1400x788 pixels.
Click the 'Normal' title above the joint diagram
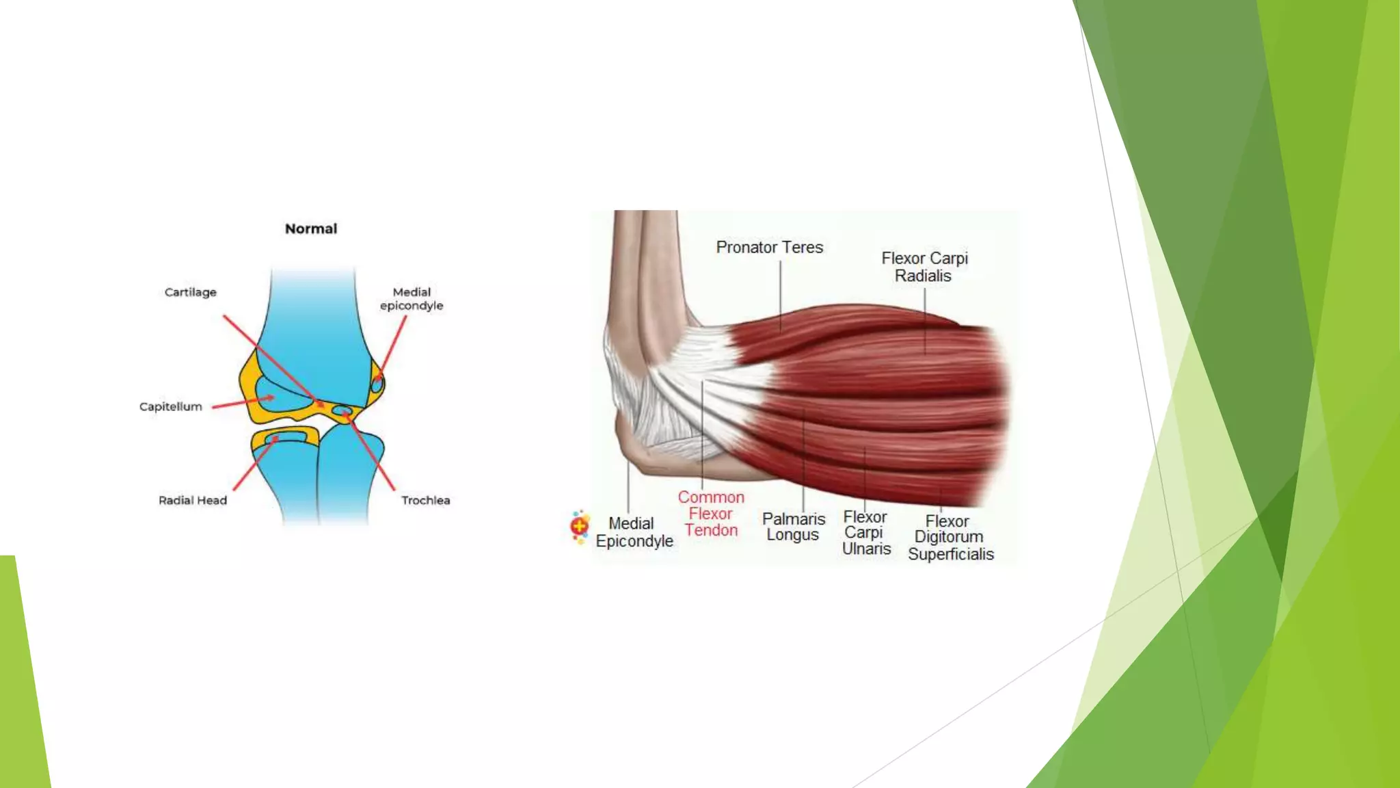click(x=311, y=228)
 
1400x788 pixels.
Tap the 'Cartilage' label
click(x=190, y=292)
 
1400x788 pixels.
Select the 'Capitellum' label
click(x=171, y=406)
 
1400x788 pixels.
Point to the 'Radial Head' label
click(x=193, y=500)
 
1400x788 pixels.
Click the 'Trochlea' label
click(x=425, y=500)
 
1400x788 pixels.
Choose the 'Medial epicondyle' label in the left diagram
click(x=412, y=299)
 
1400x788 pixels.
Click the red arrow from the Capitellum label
click(x=242, y=402)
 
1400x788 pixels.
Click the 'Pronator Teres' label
click(x=769, y=247)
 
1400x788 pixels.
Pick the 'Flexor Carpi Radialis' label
click(x=924, y=267)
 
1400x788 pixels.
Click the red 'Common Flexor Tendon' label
click(x=711, y=514)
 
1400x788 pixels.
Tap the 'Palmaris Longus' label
click(x=793, y=527)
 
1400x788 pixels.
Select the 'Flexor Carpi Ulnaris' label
click(x=865, y=532)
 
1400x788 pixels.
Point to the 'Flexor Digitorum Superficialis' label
click(x=950, y=538)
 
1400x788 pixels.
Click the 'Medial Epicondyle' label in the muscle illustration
click(x=634, y=532)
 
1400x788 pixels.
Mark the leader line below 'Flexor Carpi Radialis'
click(x=925, y=320)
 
